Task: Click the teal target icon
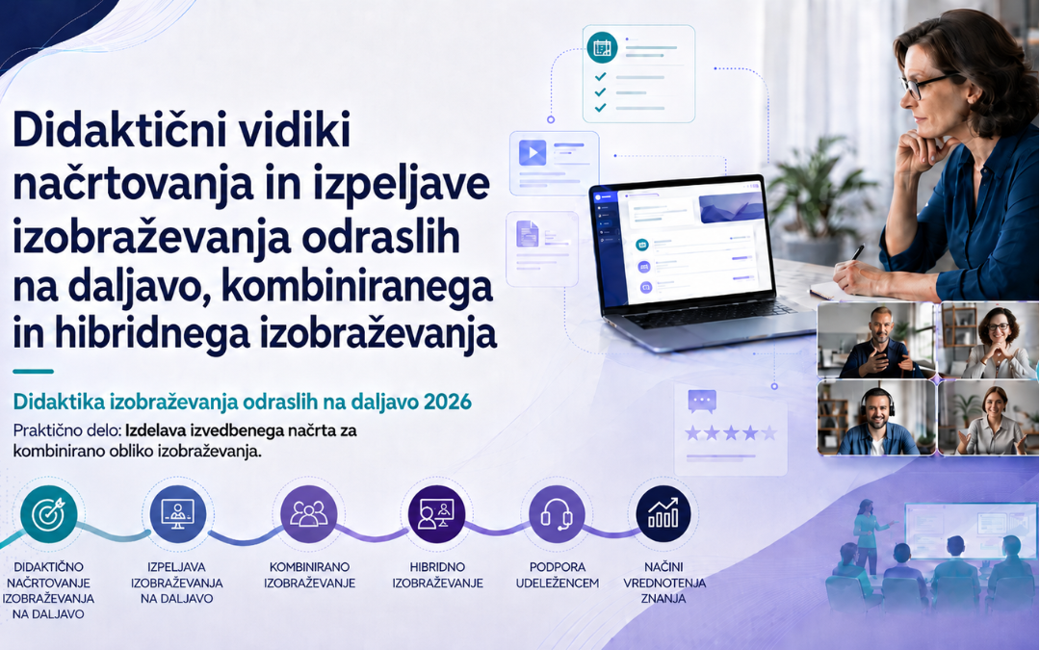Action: click(x=48, y=514)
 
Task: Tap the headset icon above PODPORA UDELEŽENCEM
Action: click(x=557, y=514)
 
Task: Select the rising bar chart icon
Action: click(x=663, y=514)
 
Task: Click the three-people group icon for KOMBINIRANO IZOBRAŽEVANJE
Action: click(x=309, y=514)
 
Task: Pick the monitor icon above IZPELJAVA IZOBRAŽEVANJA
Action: click(x=178, y=514)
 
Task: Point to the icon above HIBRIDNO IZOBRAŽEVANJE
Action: click(x=436, y=514)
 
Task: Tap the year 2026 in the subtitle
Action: click(x=448, y=402)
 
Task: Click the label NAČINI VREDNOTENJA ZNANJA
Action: click(x=663, y=583)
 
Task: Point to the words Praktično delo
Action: click(x=67, y=430)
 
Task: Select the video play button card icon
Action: click(x=533, y=152)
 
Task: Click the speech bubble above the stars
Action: click(x=702, y=401)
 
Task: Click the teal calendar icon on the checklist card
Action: click(x=602, y=47)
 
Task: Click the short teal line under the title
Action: click(x=33, y=372)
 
